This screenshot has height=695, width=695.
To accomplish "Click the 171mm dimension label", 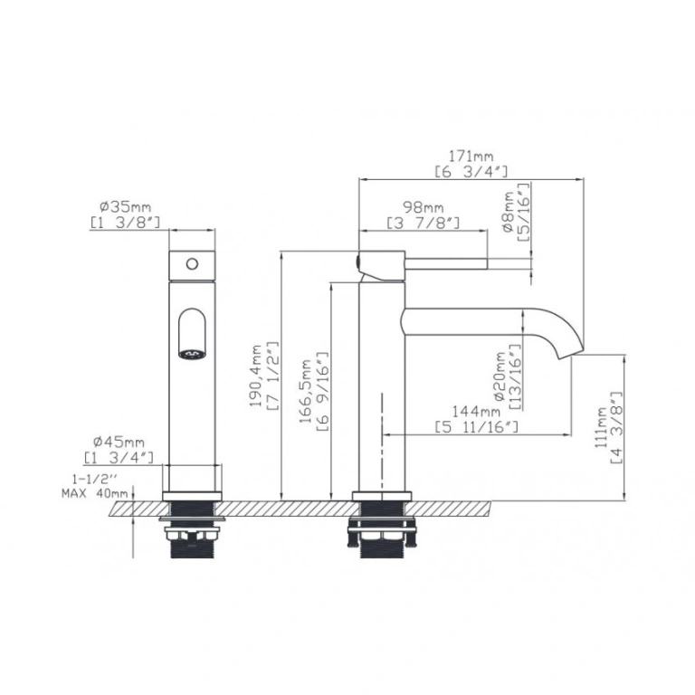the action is [x=471, y=157].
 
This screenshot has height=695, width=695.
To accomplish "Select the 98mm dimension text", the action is [x=423, y=207].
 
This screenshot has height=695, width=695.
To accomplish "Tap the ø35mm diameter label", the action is [x=126, y=206].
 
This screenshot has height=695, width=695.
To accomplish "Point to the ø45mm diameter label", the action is [x=119, y=442].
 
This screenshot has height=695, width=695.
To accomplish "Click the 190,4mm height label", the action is [x=256, y=376].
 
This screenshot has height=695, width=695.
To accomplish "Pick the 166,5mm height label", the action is [x=305, y=391].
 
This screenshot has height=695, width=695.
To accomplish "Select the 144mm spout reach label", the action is [x=476, y=412].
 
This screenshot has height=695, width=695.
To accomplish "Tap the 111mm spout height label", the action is [x=601, y=427].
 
